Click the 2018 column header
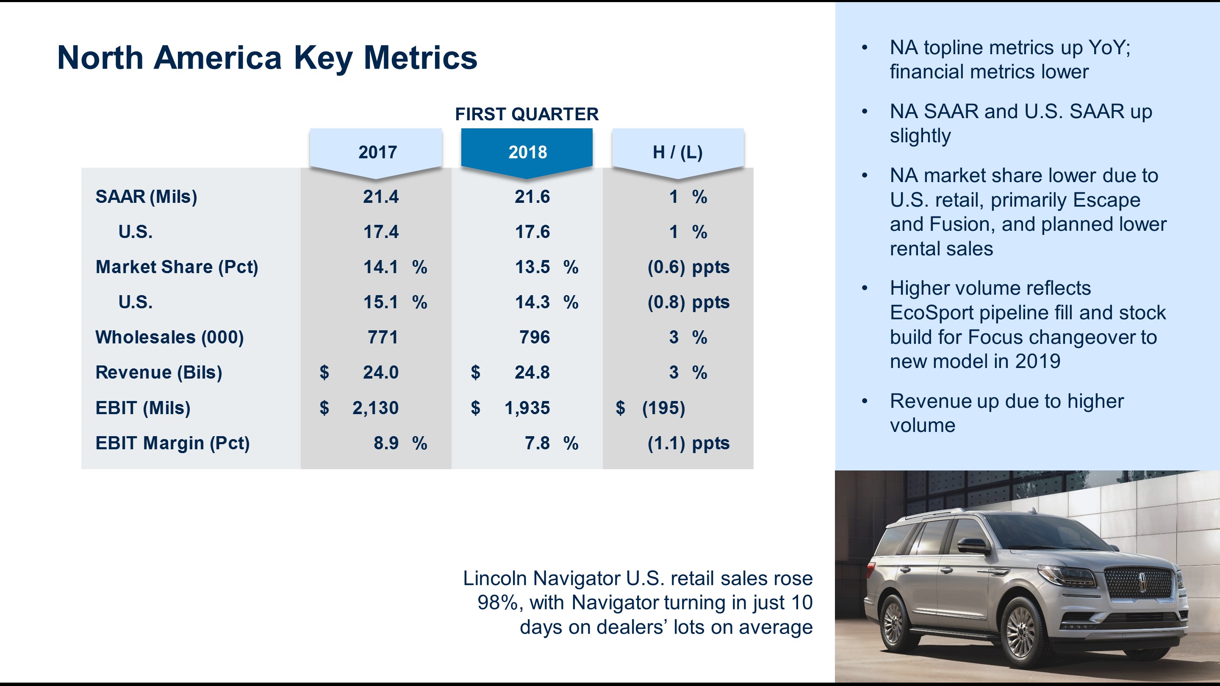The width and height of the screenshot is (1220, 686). click(527, 152)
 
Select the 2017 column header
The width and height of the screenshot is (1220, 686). click(377, 152)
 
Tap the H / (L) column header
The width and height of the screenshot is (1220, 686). click(677, 152)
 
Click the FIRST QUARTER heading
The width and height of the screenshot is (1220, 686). click(527, 114)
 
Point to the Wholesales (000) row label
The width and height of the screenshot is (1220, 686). click(169, 337)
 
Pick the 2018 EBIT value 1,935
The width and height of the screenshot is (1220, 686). click(527, 408)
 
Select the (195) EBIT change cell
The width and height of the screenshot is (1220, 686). click(663, 408)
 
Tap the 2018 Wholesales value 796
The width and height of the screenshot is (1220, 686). click(534, 337)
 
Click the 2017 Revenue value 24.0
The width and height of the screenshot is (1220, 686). click(380, 373)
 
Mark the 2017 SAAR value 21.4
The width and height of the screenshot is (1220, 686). click(380, 197)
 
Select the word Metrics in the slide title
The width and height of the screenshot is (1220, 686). click(420, 58)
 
